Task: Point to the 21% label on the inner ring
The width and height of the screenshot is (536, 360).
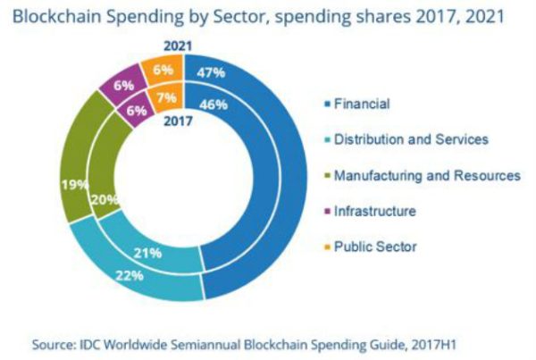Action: (x=149, y=253)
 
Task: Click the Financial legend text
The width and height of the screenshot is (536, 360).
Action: (x=362, y=105)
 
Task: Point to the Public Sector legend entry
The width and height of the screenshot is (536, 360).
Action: (x=374, y=247)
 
